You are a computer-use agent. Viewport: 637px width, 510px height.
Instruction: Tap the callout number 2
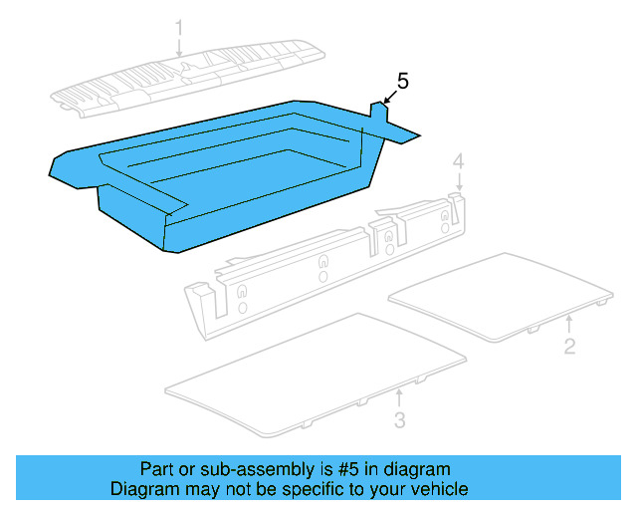[x=568, y=347]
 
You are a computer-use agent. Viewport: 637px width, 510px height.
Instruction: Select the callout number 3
[x=399, y=420]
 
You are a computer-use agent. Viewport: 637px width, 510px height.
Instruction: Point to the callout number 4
[x=458, y=161]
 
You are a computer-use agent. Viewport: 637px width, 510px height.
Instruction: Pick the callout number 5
[x=403, y=81]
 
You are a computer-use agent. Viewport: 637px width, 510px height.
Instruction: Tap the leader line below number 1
[x=180, y=46]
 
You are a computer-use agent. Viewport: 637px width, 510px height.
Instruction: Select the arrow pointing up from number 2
[x=568, y=325]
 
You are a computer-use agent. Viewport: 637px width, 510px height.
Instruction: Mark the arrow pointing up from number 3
[x=398, y=398]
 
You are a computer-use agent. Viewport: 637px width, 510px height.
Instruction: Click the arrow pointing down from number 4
[x=458, y=183]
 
